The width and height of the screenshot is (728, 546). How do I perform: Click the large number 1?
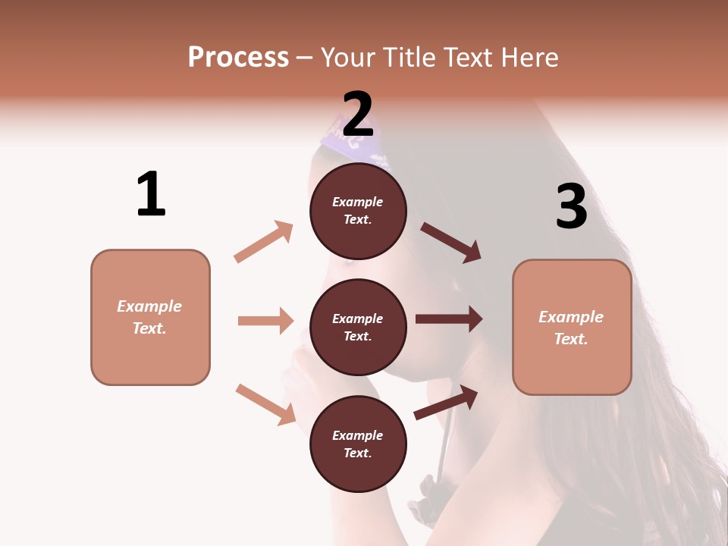click(x=151, y=194)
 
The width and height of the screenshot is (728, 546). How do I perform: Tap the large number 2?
click(x=358, y=114)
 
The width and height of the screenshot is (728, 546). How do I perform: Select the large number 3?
click(x=572, y=206)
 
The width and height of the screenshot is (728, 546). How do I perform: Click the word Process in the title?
click(x=238, y=57)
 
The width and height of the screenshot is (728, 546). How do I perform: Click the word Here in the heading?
click(x=529, y=57)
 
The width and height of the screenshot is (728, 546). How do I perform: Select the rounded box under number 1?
click(x=150, y=317)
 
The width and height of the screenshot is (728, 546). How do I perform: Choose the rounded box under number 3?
click(x=572, y=327)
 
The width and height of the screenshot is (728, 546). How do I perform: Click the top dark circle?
click(x=358, y=211)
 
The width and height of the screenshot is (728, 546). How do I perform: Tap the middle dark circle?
click(x=358, y=327)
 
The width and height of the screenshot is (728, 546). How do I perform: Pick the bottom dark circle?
click(x=358, y=444)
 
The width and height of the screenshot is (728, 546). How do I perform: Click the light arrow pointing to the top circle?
click(x=264, y=242)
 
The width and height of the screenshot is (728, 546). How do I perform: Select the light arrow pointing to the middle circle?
click(x=265, y=321)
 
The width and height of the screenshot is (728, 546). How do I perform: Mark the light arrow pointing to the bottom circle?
click(x=265, y=404)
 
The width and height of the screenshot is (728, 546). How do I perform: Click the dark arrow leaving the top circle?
click(x=451, y=243)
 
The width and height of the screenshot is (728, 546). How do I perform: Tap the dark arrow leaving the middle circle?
click(x=449, y=319)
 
